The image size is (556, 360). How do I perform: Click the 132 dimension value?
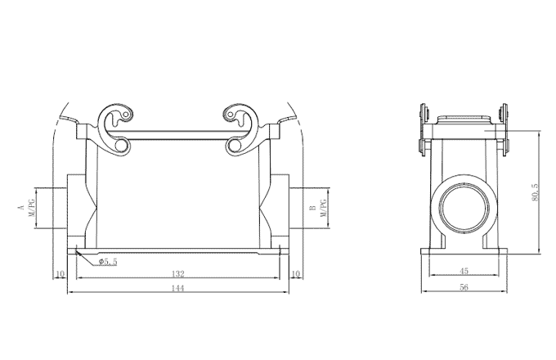(177, 273)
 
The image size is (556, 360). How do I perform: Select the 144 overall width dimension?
(177, 289)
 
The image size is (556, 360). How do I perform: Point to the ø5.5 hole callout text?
(109, 262)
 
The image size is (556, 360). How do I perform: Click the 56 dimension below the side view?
(464, 289)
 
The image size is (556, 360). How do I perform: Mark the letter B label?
(312, 208)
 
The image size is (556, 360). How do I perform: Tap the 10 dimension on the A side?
(60, 273)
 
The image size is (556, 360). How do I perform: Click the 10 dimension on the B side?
(295, 273)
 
